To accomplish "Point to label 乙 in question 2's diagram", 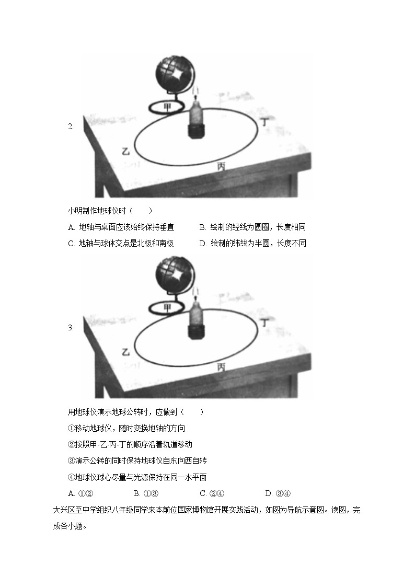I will pyautogui.click(x=125, y=151).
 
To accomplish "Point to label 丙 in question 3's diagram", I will pyautogui.click(x=221, y=367).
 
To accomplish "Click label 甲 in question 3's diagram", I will pyautogui.click(x=167, y=307).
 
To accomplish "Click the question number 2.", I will pyautogui.click(x=71, y=126).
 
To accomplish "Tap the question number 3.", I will pyautogui.click(x=71, y=328).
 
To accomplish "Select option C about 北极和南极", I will pyautogui.click(x=120, y=244).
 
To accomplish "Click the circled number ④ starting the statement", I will pyautogui.click(x=72, y=477).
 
